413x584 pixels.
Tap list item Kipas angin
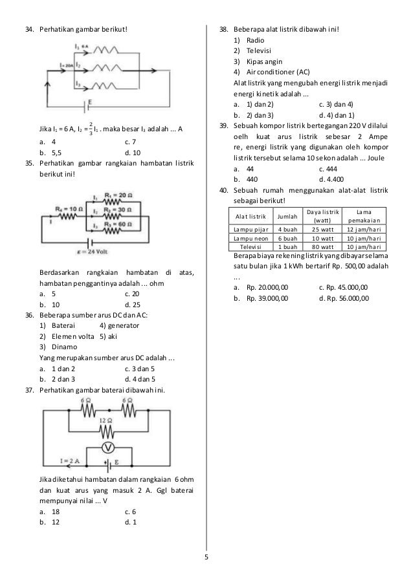pos(261,61)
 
